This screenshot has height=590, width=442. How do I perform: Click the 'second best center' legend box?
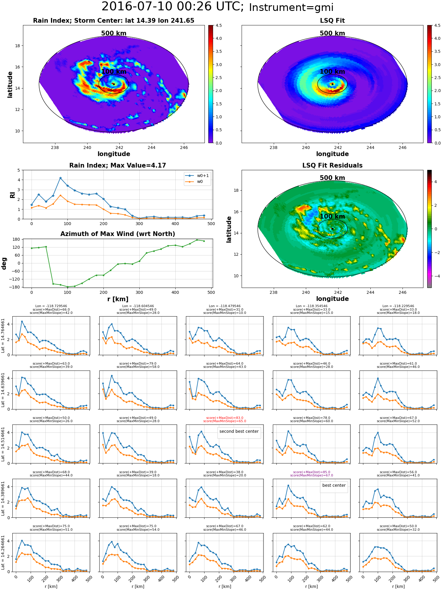tap(239, 432)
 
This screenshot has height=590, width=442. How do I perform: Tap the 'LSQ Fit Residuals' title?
tap(332, 165)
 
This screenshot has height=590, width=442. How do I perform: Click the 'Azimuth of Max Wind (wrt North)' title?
tap(118, 234)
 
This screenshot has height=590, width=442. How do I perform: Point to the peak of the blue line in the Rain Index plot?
tap(60, 178)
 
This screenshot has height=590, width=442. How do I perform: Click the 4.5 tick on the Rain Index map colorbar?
tap(218, 25)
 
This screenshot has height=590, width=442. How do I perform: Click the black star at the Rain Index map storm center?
tap(114, 84)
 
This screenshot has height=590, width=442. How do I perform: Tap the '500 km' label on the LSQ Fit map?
tap(332, 33)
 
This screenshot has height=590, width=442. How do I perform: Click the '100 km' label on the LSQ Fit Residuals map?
tap(332, 217)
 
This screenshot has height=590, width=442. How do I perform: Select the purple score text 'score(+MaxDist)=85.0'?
tap(311, 472)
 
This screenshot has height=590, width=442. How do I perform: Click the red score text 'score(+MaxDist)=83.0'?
tap(225, 418)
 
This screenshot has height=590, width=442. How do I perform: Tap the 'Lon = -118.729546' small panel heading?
tap(51, 306)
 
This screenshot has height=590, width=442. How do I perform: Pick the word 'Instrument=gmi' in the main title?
tap(291, 8)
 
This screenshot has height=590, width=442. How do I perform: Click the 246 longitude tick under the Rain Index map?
tap(184, 147)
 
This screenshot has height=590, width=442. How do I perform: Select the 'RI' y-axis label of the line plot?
tap(12, 195)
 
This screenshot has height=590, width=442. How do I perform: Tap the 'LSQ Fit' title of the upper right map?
tap(332, 21)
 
